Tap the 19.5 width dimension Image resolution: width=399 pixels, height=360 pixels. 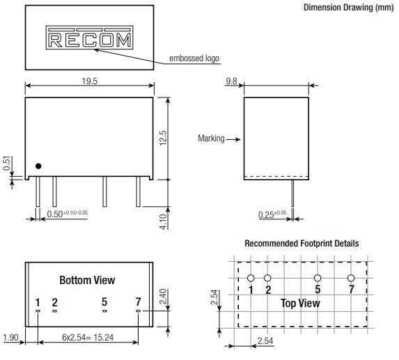[89, 81]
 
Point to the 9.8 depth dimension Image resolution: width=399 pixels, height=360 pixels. [232, 81]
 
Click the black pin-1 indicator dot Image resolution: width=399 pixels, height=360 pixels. [39, 166]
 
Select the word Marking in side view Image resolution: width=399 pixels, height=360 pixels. [211, 139]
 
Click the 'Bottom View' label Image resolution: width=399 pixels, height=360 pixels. [87, 281]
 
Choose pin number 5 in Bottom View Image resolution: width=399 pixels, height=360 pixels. [104, 302]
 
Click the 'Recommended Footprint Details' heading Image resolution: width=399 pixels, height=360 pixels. [302, 244]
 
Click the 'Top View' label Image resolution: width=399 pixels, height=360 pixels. [300, 303]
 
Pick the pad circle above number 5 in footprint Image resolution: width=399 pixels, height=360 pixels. [318, 279]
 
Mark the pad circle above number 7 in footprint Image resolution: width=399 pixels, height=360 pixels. [351, 279]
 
